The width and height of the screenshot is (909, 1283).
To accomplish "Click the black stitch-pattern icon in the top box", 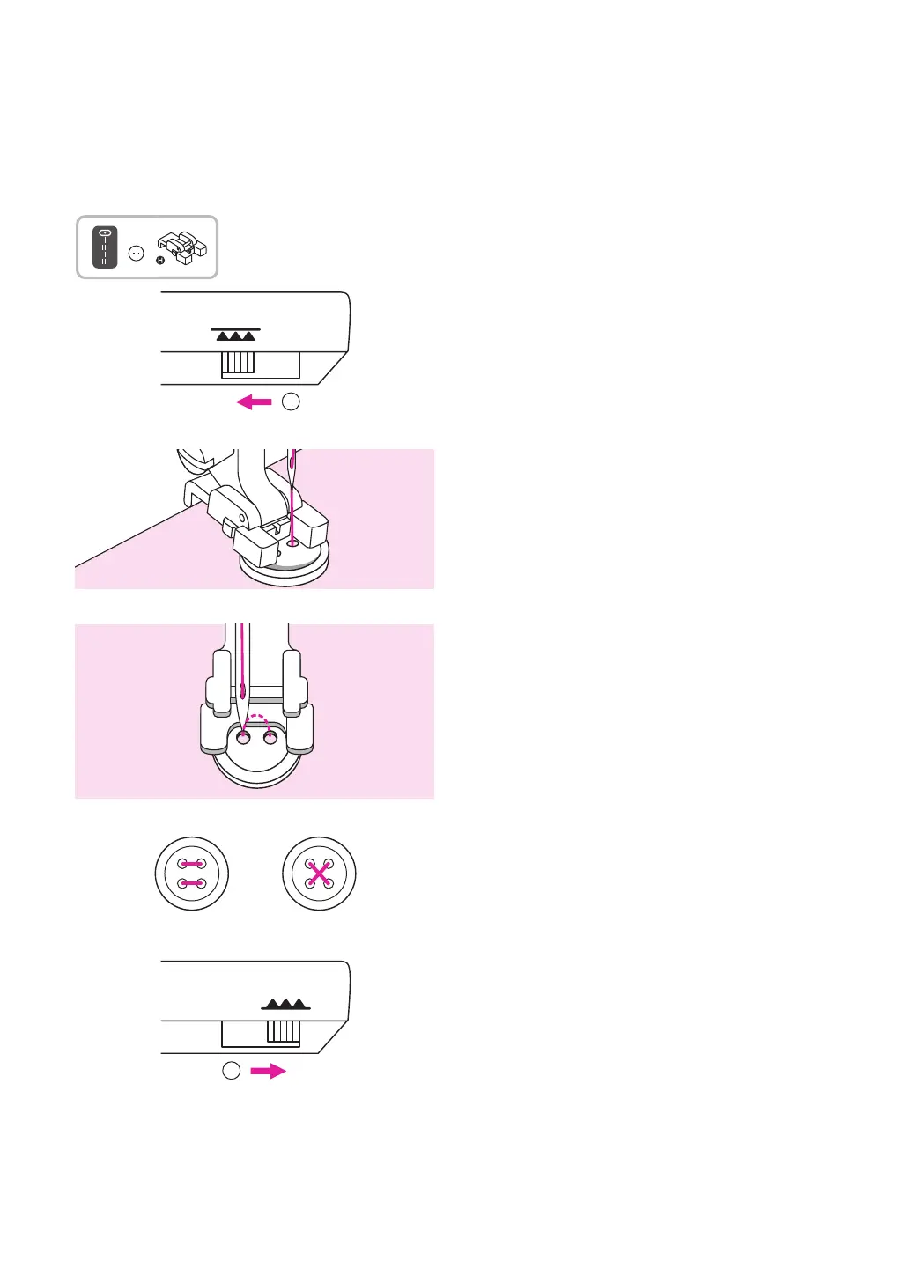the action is [x=105, y=247].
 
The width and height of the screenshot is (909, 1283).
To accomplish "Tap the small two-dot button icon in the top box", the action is [x=136, y=253].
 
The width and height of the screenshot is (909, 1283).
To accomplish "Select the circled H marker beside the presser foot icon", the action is [x=160, y=260].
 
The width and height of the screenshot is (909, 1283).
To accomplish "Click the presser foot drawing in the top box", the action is [x=183, y=247].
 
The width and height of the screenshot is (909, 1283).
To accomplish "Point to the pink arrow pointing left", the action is [x=255, y=402].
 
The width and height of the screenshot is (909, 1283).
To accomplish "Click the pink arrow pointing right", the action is [x=268, y=1072].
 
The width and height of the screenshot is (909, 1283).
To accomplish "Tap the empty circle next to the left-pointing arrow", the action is [x=291, y=402].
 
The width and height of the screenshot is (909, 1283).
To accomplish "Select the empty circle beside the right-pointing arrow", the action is [x=231, y=1071].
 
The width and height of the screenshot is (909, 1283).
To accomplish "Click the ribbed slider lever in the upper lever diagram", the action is [x=238, y=364].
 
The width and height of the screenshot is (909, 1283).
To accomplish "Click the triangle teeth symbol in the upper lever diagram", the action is [x=236, y=335].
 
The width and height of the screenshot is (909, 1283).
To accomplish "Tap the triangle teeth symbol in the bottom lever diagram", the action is [x=285, y=1004].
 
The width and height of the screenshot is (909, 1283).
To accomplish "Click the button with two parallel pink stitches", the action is [x=192, y=874].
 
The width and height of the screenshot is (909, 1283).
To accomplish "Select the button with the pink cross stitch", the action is [x=319, y=874].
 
